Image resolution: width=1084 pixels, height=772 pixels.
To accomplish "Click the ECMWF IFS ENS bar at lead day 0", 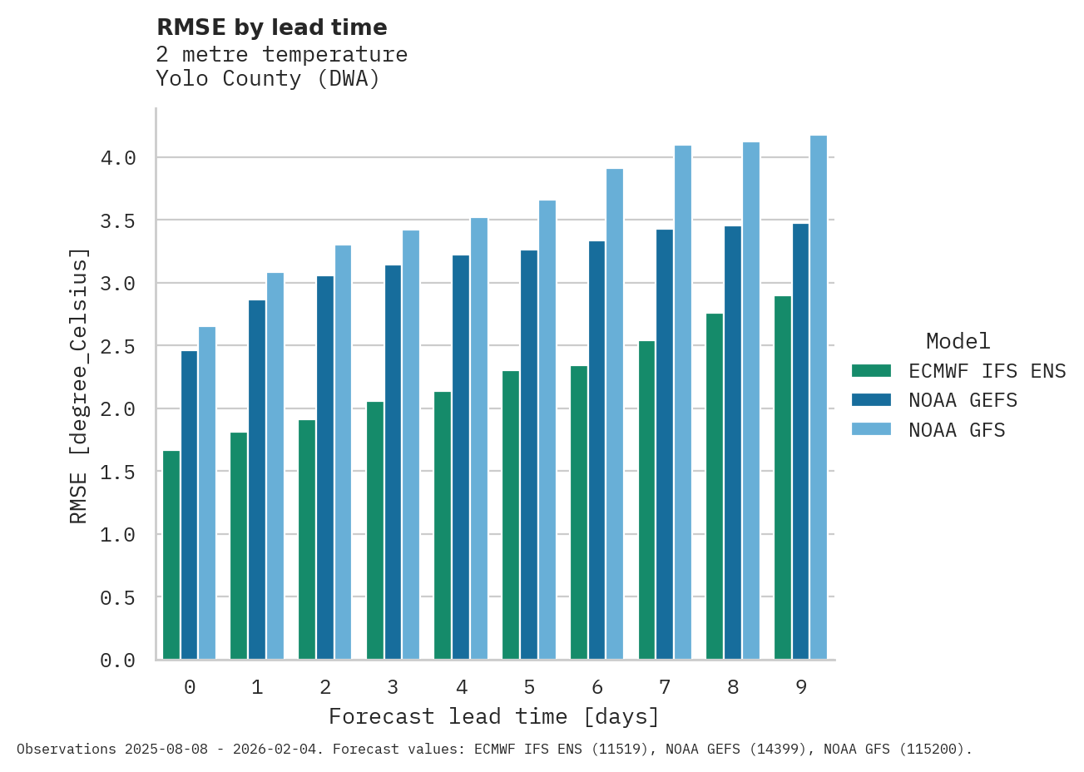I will [x=171, y=555].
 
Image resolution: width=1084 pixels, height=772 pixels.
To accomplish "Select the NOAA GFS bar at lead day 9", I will [x=819, y=398].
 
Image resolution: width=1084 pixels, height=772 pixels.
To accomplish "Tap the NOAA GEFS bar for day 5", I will [x=529, y=454].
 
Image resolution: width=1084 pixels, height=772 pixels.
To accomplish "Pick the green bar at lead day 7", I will [x=646, y=500].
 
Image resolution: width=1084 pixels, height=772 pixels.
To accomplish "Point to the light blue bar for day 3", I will [x=411, y=445].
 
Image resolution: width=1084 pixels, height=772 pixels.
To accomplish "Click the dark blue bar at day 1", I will [x=257, y=480].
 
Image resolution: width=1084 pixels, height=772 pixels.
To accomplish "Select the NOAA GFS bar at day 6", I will [x=615, y=414].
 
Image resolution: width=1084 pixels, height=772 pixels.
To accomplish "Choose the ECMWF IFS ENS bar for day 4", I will [x=443, y=526].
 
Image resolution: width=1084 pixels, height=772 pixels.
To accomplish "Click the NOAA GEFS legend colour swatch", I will [x=871, y=400].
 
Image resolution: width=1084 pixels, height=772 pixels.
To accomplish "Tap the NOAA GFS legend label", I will [x=957, y=430].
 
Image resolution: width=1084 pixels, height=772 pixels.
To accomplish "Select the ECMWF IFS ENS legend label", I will [x=987, y=371].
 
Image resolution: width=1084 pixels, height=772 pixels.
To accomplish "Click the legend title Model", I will [x=958, y=341].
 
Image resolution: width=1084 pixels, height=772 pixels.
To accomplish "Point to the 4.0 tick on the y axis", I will [x=117, y=158].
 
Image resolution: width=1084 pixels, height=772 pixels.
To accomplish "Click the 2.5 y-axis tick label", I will [x=117, y=346].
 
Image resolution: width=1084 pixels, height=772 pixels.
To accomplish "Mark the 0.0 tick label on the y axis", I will [x=117, y=661].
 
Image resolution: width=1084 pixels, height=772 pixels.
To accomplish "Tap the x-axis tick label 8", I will [x=733, y=687].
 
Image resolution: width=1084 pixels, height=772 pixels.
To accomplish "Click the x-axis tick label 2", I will [x=325, y=687].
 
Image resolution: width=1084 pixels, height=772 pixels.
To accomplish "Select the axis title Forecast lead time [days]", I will [x=494, y=716].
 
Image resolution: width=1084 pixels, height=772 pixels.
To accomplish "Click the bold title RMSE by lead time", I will [x=272, y=27].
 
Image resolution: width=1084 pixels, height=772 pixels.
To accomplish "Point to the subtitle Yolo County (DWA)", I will [x=268, y=79].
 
